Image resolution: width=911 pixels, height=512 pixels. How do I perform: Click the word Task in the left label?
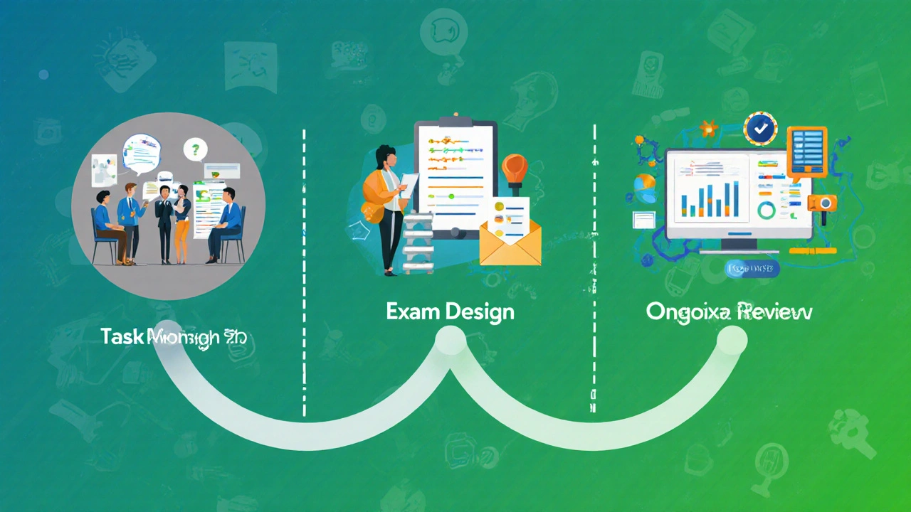[x=122, y=336]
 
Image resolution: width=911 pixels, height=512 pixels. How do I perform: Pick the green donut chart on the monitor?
[x=767, y=210]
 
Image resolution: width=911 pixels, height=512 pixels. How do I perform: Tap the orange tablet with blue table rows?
[x=807, y=151]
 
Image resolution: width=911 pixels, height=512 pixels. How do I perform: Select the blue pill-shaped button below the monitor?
[x=751, y=268]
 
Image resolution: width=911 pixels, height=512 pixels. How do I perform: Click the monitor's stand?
[x=740, y=245]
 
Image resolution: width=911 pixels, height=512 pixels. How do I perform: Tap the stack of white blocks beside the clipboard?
[x=417, y=242]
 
